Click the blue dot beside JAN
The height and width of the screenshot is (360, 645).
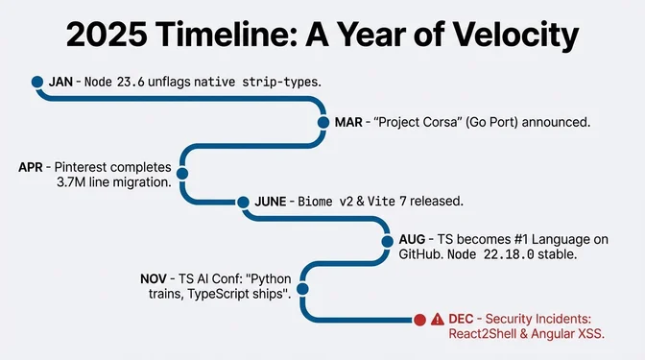[37, 83]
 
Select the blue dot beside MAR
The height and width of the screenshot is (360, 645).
[323, 122]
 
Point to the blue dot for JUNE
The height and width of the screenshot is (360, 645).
[241, 202]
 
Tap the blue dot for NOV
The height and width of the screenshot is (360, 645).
[302, 287]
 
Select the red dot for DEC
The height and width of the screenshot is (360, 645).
[418, 319]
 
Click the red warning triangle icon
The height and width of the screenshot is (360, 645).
[439, 319]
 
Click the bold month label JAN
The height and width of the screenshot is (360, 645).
[60, 83]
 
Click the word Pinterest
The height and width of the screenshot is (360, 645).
[89, 167]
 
